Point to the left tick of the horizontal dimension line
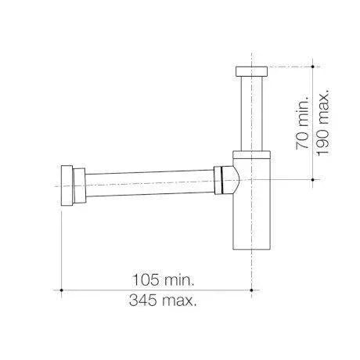(62, 290)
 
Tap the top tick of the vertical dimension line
(313, 67)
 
